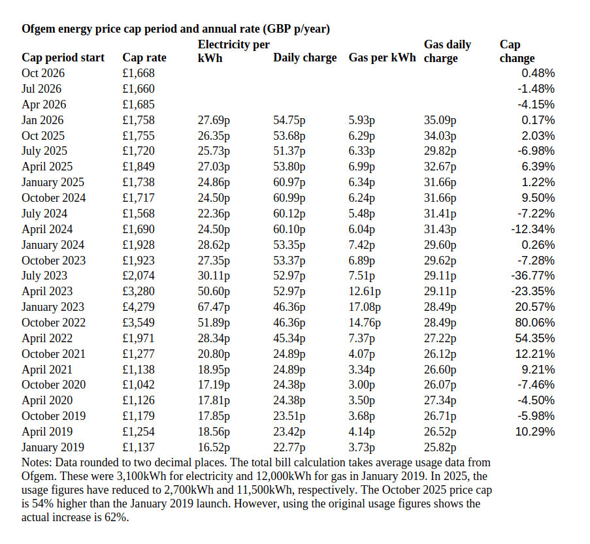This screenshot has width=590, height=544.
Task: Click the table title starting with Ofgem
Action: [x=176, y=29]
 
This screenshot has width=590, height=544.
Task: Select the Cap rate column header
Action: [x=144, y=57]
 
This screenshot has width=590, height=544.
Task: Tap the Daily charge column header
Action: [x=304, y=57]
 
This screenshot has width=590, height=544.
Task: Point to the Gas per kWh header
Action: [x=382, y=57]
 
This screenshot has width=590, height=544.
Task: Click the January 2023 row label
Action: [x=53, y=307]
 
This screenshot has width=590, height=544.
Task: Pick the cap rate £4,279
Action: [x=139, y=307]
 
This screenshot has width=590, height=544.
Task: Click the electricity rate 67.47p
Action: [x=214, y=307]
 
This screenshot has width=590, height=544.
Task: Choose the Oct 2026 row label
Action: [x=43, y=73]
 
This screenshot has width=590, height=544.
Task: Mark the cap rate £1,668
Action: [x=139, y=73]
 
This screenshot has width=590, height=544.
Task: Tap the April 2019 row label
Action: [x=47, y=432]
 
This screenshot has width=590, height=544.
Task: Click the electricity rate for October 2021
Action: [x=214, y=354]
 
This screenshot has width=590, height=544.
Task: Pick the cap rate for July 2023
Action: [x=139, y=276]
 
